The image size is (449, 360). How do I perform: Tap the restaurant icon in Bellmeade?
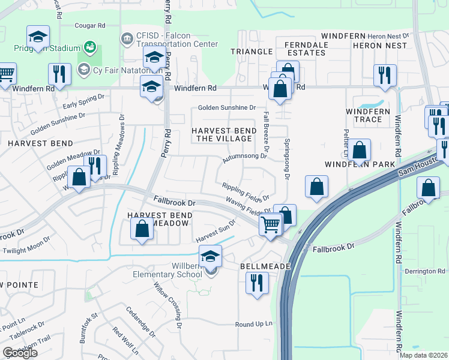257,283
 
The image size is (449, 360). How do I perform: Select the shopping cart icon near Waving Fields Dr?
271,226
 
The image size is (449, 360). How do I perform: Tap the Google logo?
20,353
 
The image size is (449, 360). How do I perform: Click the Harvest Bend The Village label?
221,134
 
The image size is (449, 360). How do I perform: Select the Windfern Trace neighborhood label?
368,115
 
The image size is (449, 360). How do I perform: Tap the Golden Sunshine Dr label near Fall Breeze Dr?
228,108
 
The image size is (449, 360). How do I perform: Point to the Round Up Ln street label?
254,325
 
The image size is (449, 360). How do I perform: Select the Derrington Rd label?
425,271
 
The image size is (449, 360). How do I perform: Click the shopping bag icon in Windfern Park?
360,151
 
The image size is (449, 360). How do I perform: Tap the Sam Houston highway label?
420,166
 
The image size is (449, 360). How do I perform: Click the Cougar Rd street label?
90,26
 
